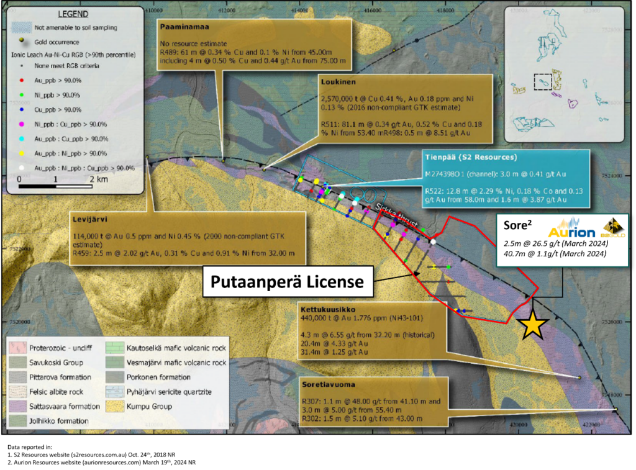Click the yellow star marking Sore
click(x=534, y=325)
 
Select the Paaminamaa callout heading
click(x=184, y=27)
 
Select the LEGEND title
click(x=73, y=14)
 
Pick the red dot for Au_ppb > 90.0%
click(x=22, y=80)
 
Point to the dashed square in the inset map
click(x=542, y=82)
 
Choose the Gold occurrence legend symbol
click(x=22, y=42)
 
